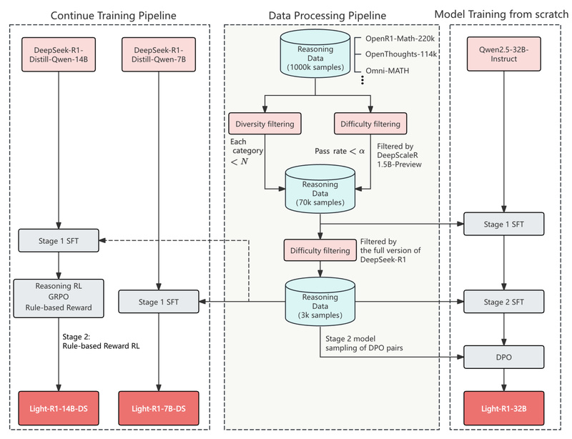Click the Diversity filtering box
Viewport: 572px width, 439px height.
tap(265, 123)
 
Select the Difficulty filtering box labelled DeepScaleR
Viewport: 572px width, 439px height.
tap(370, 123)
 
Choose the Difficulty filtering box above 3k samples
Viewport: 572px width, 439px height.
tap(319, 250)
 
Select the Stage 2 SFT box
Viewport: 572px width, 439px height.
tap(504, 302)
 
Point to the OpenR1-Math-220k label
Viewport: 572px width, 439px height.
tap(399, 37)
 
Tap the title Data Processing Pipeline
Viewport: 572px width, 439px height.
tap(327, 15)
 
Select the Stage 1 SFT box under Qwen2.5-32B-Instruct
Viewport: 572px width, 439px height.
tap(504, 224)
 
